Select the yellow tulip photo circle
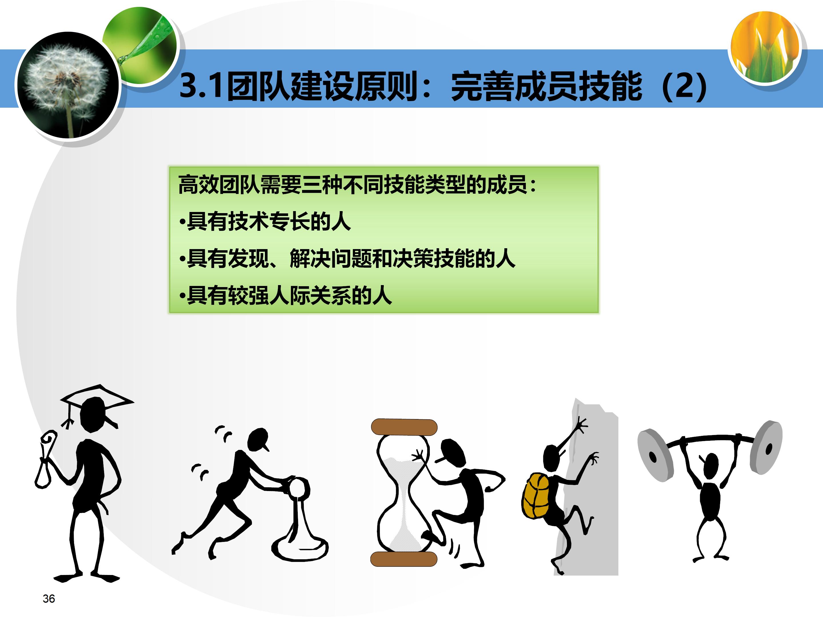click(x=765, y=47)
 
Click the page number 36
click(x=49, y=598)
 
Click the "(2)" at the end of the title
click(x=685, y=86)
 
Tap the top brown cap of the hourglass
click(x=404, y=427)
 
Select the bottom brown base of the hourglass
click(x=404, y=559)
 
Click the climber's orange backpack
click(x=536, y=495)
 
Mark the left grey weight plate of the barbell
click(x=656, y=455)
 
